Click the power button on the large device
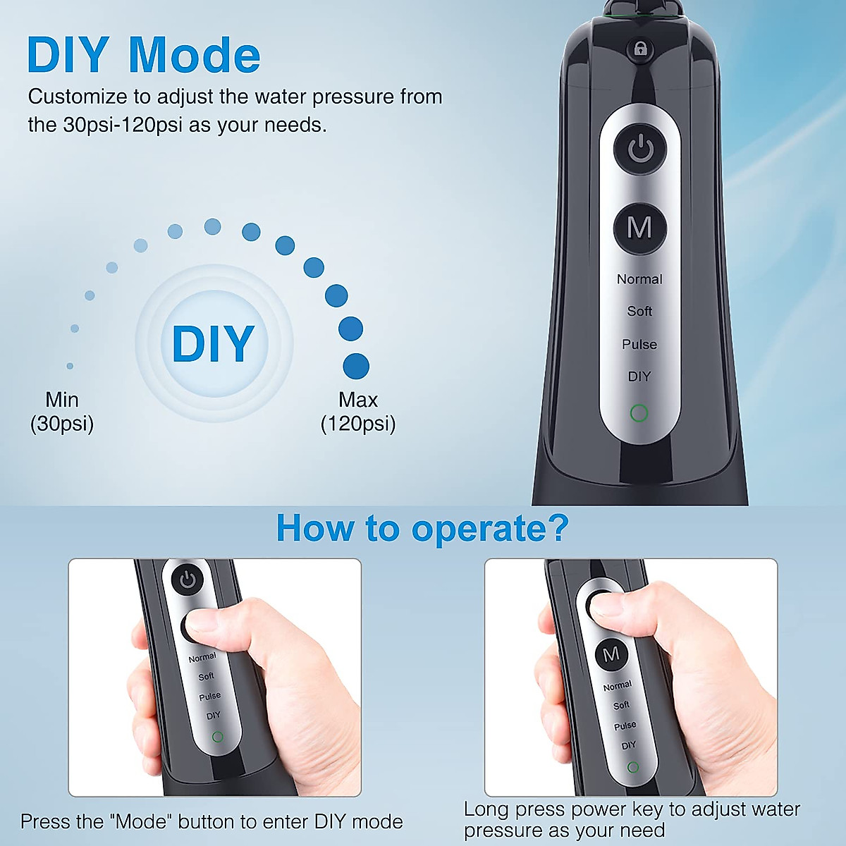(640, 149)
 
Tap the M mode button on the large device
(639, 228)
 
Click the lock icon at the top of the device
(640, 49)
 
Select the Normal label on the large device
(639, 279)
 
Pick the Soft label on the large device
(639, 311)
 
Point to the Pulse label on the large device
(639, 344)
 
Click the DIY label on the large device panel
(639, 376)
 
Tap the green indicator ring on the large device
(639, 413)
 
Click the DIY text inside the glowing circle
(213, 343)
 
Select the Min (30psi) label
(62, 412)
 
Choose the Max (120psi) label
(358, 412)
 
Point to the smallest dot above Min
(70, 366)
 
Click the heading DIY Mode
(144, 55)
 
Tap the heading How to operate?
(422, 528)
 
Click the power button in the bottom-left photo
(187, 580)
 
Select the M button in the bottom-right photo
(611, 654)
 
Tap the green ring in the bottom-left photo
(217, 737)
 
